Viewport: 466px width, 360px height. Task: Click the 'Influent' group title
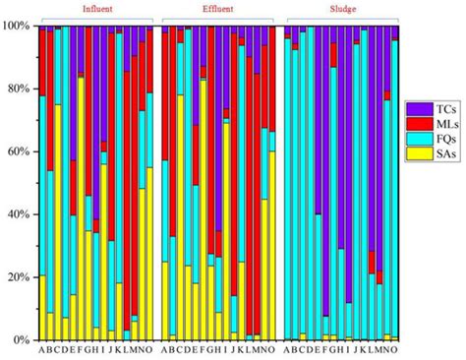(95, 8)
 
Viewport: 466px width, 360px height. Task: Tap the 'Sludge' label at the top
(340, 8)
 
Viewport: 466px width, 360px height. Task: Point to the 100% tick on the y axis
(17, 27)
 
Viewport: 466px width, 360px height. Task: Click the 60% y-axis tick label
(19, 151)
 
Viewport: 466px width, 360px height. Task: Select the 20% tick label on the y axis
(19, 277)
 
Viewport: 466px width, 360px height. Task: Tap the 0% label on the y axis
(22, 339)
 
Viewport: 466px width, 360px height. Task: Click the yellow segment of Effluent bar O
(271, 245)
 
